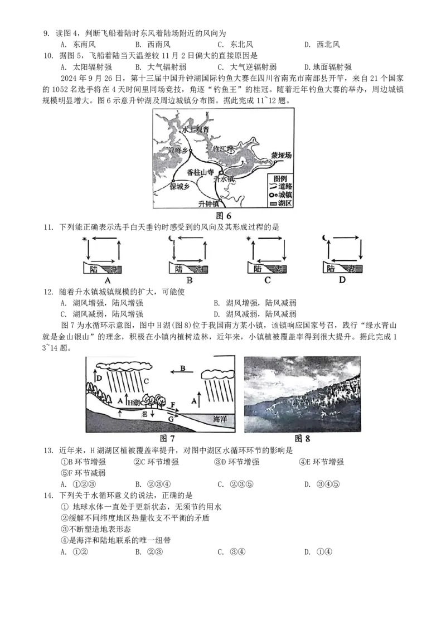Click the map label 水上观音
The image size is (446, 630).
click(195, 129)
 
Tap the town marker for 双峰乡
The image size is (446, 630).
click(190, 151)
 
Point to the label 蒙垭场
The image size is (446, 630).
click(282, 156)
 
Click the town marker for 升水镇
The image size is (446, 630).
click(221, 172)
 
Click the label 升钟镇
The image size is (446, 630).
click(211, 204)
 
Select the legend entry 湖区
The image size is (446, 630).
click(284, 204)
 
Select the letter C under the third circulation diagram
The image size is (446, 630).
click(268, 280)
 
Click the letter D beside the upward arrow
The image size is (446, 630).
click(99, 379)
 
